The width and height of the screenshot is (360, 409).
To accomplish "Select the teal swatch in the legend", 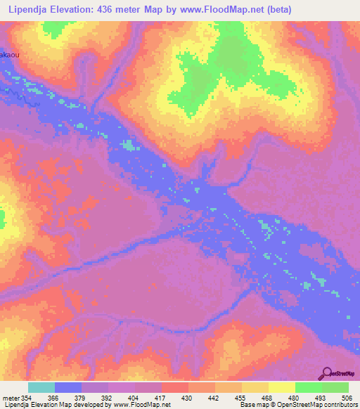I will click(41, 387).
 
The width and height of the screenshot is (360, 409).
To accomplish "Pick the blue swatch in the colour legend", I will click(68, 387).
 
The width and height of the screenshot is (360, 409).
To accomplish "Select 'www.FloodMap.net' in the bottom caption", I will click(141, 405).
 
